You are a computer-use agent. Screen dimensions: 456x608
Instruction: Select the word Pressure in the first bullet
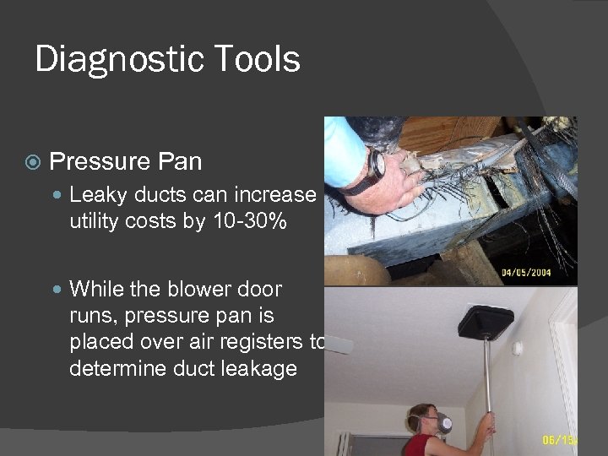(x=99, y=160)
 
